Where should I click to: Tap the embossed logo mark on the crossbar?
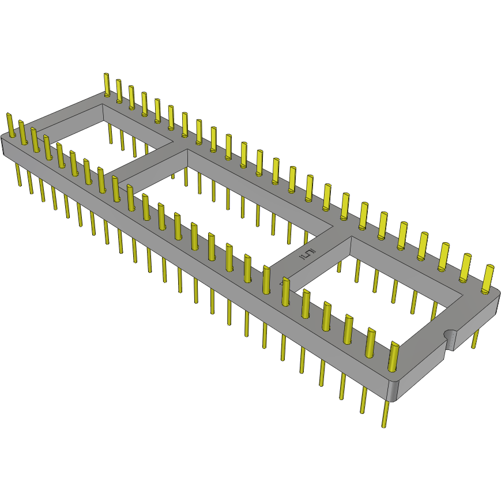[x=309, y=254]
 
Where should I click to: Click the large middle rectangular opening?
[x=231, y=202]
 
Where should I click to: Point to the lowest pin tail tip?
[x=384, y=425]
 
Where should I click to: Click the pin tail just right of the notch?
[x=475, y=340]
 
